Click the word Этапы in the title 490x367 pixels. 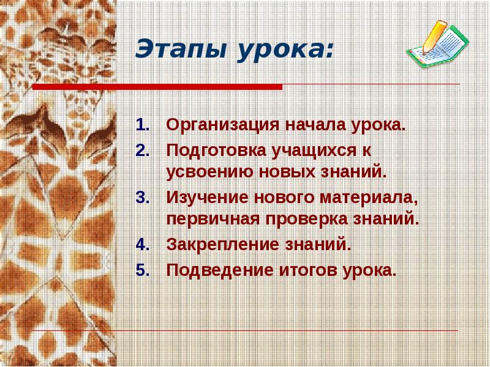[179, 50]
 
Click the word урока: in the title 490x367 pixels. [282, 50]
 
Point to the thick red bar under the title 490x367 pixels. [157, 87]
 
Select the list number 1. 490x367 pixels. [141, 126]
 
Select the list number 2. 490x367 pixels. [141, 150]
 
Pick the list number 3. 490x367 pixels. [141, 198]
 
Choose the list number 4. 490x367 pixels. [141, 245]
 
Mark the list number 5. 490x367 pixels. [141, 269]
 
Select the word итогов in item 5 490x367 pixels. [305, 269]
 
